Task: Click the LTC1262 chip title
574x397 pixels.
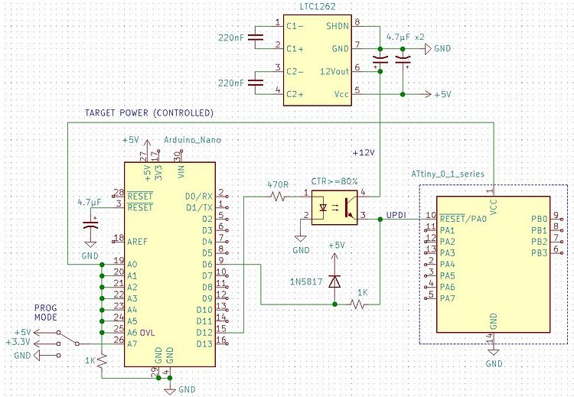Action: click(318, 6)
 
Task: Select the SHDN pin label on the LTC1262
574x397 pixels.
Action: click(337, 25)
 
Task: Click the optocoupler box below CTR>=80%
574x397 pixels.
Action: click(334, 205)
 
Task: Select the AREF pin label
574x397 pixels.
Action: click(139, 239)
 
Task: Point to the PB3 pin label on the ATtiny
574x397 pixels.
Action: click(538, 252)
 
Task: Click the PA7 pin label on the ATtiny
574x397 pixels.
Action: click(448, 298)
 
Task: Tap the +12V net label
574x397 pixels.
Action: click(363, 152)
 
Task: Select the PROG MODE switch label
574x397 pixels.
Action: click(45, 311)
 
